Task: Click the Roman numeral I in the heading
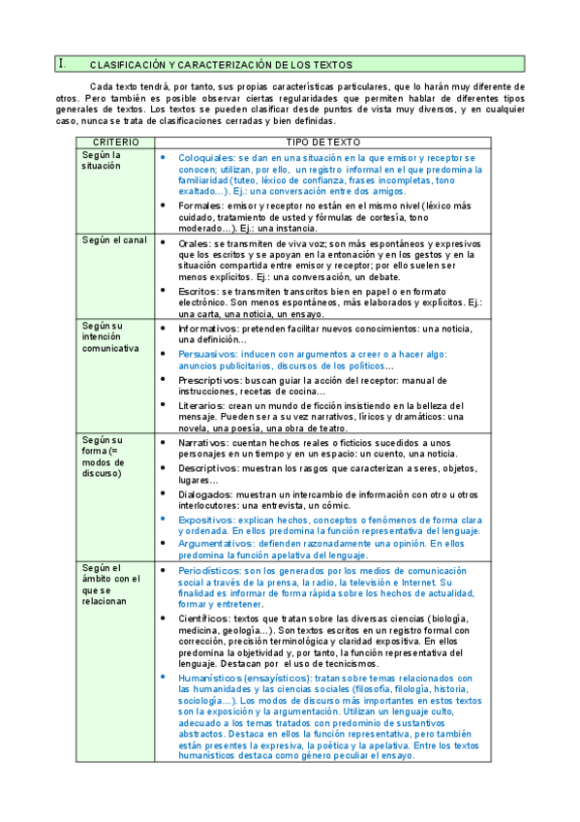coord(62,64)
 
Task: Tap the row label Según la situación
coord(102,160)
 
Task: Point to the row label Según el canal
coord(115,239)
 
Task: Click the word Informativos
coord(209,329)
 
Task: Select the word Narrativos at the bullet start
coord(204,442)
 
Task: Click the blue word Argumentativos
coord(215,544)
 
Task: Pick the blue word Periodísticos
coord(211,571)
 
